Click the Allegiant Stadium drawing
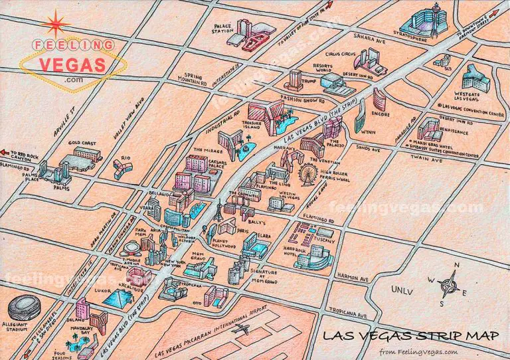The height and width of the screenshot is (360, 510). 25,308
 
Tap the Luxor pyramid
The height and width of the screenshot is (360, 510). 116,297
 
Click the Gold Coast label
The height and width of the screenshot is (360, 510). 82,143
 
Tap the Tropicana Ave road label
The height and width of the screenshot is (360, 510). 349,315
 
